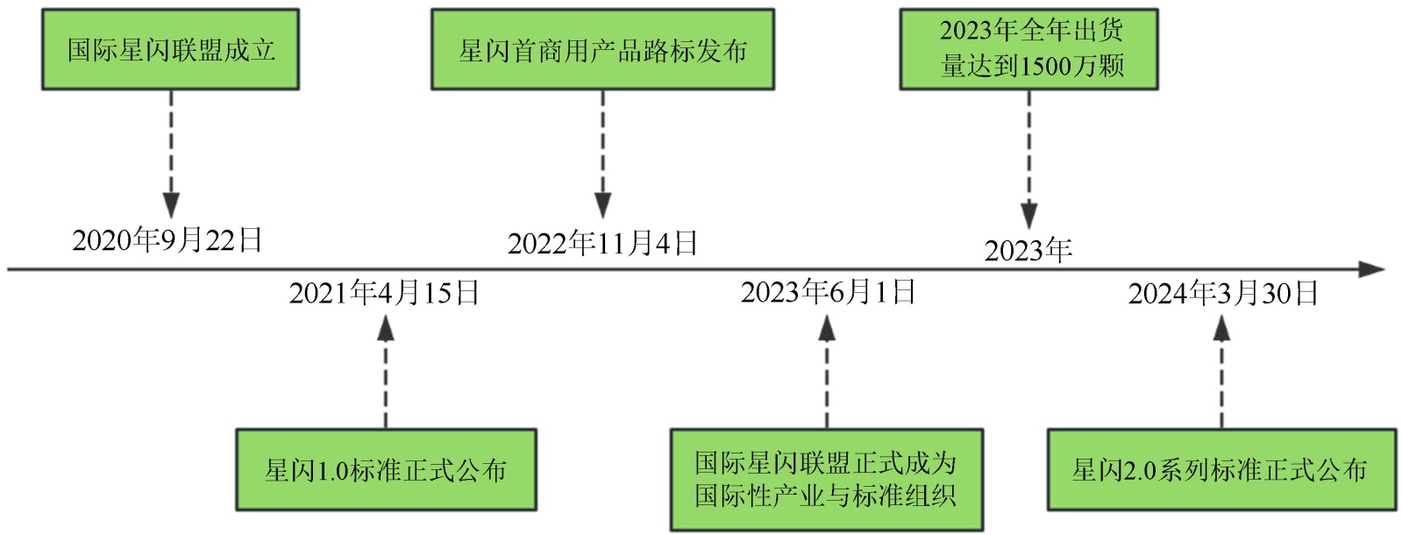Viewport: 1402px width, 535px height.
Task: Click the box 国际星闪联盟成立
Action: (170, 49)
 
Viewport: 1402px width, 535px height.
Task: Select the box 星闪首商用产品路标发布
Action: (602, 49)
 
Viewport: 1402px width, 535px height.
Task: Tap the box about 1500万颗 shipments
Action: (1028, 49)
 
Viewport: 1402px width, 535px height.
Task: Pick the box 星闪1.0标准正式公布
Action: (386, 469)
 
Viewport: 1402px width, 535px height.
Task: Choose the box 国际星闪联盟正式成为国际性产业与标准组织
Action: (826, 479)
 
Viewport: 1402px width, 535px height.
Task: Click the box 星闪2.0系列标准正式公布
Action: (1221, 469)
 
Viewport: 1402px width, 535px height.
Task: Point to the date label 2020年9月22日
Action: (167, 240)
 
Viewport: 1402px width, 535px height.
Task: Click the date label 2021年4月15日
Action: (384, 293)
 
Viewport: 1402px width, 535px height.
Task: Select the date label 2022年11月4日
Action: (602, 243)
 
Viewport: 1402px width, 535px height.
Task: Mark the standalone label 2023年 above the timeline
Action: (1028, 251)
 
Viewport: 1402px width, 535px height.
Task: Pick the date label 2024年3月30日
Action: (1223, 293)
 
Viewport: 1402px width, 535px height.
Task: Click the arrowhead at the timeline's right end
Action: (1371, 269)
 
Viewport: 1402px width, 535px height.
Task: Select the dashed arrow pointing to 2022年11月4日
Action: (602, 153)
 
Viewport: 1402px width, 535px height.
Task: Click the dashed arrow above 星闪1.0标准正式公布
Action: (385, 373)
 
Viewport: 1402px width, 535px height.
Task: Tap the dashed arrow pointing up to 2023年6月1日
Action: (827, 373)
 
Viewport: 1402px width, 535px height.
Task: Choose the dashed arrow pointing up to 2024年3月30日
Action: (1221, 373)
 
